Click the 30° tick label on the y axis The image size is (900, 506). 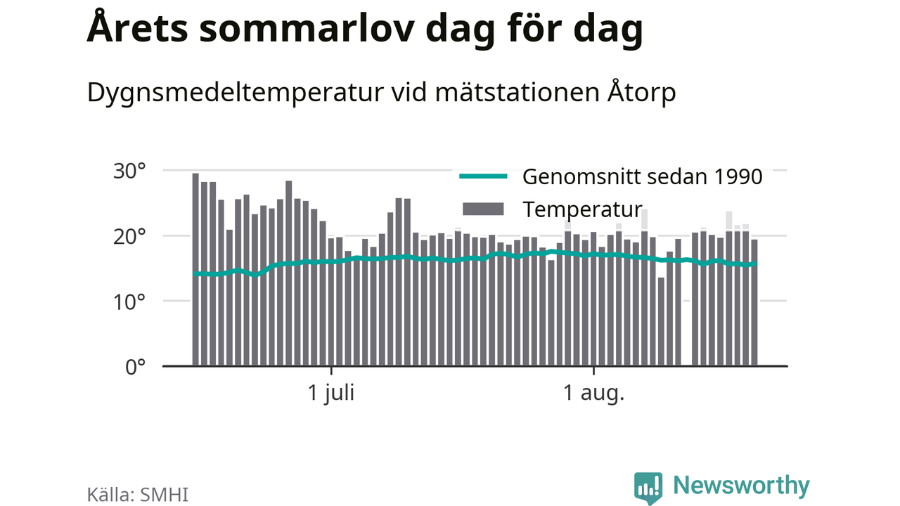tap(129, 171)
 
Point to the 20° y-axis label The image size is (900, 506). tap(129, 237)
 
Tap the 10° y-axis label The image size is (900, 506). tap(129, 302)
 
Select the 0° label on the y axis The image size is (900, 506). tap(136, 367)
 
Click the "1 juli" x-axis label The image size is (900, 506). tap(331, 393)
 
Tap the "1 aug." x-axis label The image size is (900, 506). tap(594, 393)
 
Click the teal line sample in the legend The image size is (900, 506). tap(483, 176)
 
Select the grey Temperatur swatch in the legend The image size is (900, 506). tap(483, 209)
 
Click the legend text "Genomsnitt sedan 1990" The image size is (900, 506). tap(643, 176)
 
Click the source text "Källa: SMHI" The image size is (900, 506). tap(137, 495)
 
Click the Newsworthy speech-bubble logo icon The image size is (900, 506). tap(648, 488)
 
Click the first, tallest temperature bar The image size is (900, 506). tap(195, 269)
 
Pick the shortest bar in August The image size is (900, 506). tap(661, 321)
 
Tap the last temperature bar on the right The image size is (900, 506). tap(754, 302)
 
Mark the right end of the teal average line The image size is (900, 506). tap(756, 264)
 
